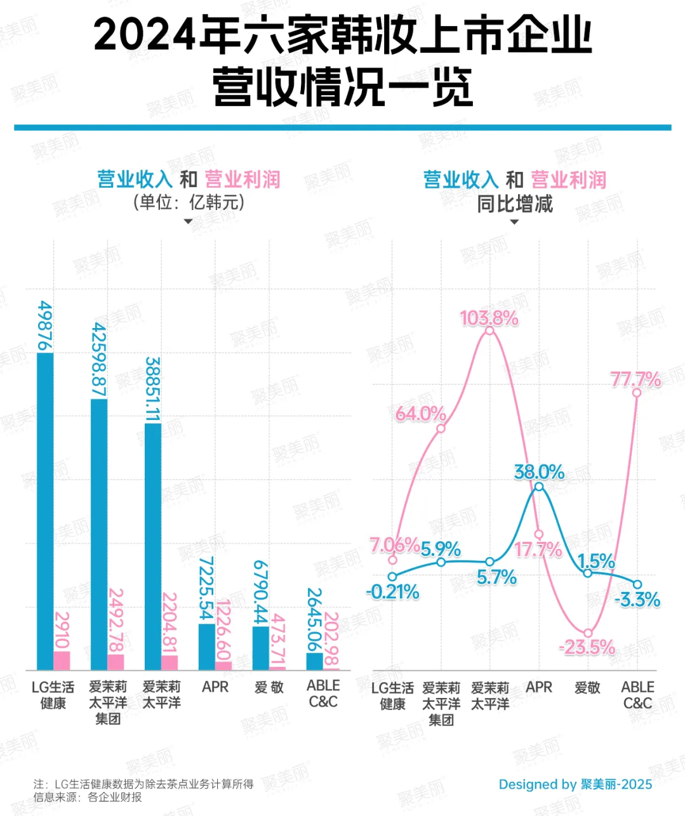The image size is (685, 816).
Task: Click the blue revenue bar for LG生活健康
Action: pyautogui.click(x=45, y=511)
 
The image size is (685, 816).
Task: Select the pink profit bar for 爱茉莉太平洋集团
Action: pyautogui.click(x=116, y=662)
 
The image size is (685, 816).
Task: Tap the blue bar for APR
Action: pyautogui.click(x=206, y=647)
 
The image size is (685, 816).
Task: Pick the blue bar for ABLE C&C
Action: pyautogui.click(x=314, y=661)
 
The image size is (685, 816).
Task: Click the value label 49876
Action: pyautogui.click(x=45, y=326)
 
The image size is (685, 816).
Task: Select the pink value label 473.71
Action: pyautogui.click(x=277, y=641)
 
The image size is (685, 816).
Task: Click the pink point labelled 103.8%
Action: pyautogui.click(x=489, y=331)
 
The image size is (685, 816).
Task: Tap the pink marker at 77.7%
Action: pyautogui.click(x=637, y=393)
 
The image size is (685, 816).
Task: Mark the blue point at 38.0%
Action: pyautogui.click(x=539, y=487)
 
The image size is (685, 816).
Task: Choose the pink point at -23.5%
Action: pyautogui.click(x=588, y=633)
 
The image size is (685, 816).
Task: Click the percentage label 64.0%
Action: pyautogui.click(x=420, y=414)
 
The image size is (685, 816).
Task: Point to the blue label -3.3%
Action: pyautogui.click(x=637, y=600)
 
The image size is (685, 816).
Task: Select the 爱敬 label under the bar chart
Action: pyautogui.click(x=269, y=687)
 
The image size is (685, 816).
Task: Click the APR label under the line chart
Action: pyautogui.click(x=539, y=687)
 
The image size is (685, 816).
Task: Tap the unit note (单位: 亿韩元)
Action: pyautogui.click(x=188, y=202)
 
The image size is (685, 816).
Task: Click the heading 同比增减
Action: pyautogui.click(x=515, y=204)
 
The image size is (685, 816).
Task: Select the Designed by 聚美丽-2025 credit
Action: pyautogui.click(x=575, y=784)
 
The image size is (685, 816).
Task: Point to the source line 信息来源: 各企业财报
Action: pyautogui.click(x=88, y=797)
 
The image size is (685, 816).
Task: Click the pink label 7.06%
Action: pyautogui.click(x=394, y=545)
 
